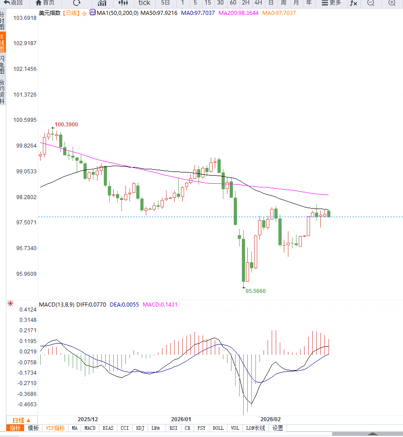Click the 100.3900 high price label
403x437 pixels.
pos(66,125)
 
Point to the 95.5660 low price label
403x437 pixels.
pos(255,291)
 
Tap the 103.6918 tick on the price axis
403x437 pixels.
pos(25,18)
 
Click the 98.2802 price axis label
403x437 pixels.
pos(25,197)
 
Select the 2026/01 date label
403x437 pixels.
pos(181,419)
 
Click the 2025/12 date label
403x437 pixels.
pos(88,419)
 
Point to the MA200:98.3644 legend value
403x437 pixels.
pos(238,13)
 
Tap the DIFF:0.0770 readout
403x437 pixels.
pos(91,305)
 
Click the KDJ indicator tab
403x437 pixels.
pos(140,428)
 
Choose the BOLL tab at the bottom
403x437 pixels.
pos(218,428)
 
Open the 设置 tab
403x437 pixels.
pos(278,428)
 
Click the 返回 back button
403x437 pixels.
pos(14,3)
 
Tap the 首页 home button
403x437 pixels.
pos(45,3)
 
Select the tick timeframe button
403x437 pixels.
pos(144,3)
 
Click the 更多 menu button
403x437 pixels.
pos(331,3)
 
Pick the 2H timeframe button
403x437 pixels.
pos(246,3)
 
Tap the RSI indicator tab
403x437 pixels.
pos(173,428)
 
